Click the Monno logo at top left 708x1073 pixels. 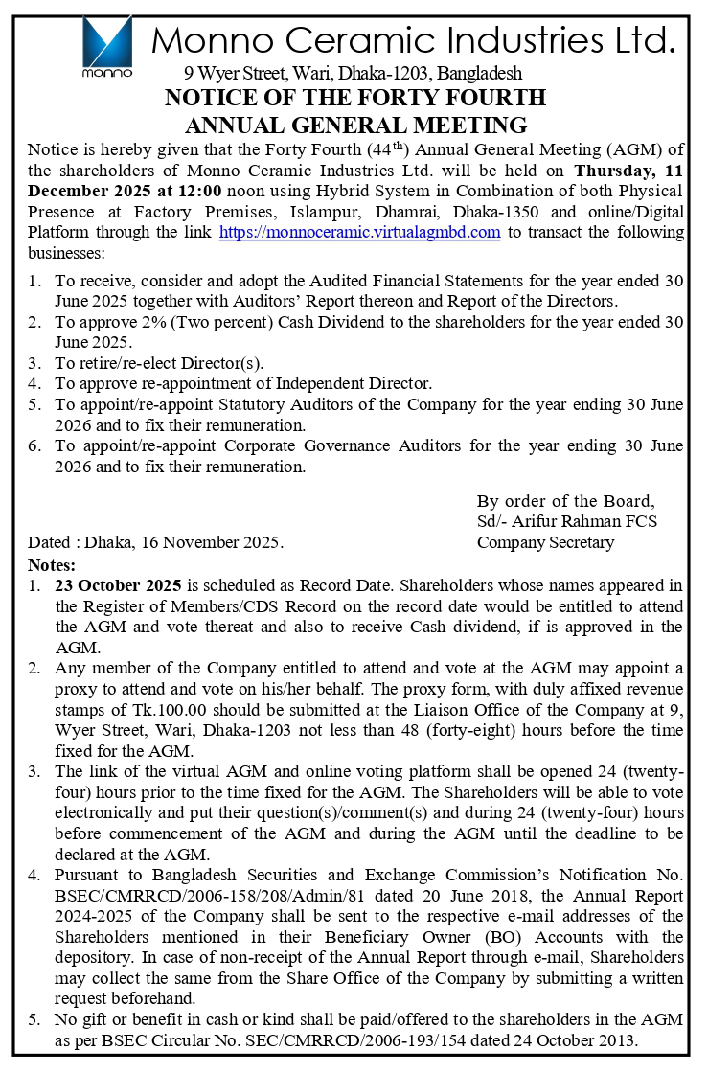pos(106,45)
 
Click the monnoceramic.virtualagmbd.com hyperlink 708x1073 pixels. pos(359,233)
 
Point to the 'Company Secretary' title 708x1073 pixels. pos(545,542)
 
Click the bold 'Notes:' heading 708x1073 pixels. pos(52,563)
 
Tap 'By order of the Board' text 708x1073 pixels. pos(566,501)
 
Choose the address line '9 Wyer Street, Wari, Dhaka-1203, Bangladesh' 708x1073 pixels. pos(353,73)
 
